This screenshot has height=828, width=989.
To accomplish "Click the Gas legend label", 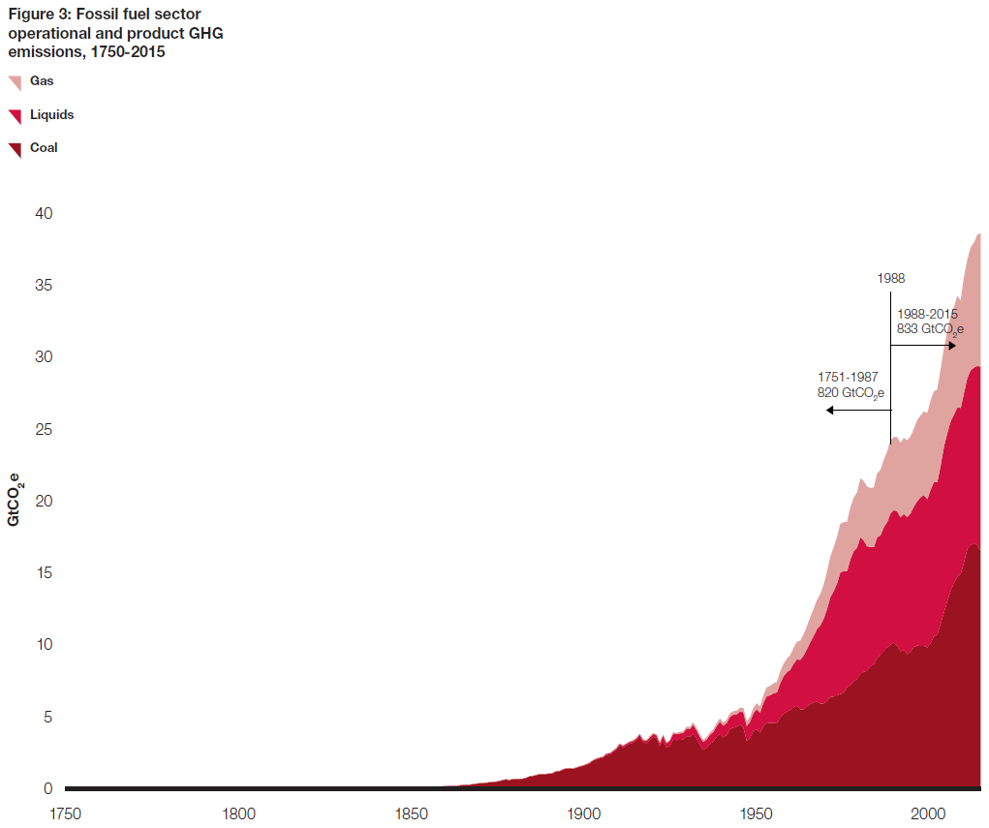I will click(x=42, y=81).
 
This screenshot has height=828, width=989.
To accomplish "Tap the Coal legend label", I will click(x=44, y=147).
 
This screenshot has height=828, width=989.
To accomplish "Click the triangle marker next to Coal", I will click(x=15, y=150).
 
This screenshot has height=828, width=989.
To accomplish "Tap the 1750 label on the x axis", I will click(x=66, y=813).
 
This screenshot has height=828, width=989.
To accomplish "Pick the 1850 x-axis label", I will click(x=411, y=813).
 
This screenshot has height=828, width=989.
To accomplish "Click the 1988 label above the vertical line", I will click(x=891, y=278).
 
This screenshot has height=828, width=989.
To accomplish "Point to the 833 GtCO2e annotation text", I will click(x=930, y=329).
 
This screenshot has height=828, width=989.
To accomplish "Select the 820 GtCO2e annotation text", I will click(x=850, y=393).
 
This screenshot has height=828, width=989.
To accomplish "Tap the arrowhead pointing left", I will click(x=830, y=411).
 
